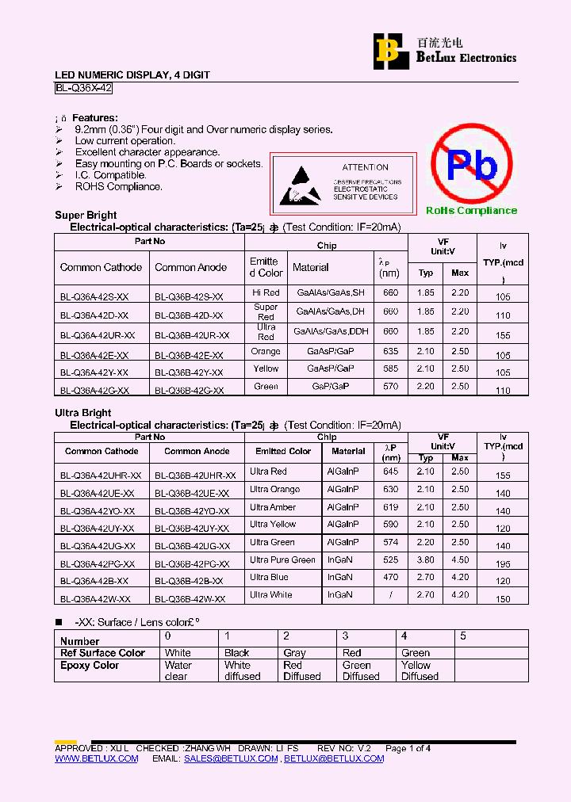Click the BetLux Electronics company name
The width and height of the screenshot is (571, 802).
(x=466, y=58)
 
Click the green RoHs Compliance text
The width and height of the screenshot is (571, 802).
(x=471, y=211)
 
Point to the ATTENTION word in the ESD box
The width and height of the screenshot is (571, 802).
(x=365, y=167)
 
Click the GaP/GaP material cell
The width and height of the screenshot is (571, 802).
(x=330, y=386)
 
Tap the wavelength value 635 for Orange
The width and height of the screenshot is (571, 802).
(x=390, y=352)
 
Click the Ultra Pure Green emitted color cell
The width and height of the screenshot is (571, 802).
(x=282, y=559)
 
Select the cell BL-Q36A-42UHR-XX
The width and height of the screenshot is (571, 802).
(x=101, y=475)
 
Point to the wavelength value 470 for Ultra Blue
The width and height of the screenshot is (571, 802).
(x=390, y=578)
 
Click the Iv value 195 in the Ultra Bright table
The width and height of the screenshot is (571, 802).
(x=503, y=563)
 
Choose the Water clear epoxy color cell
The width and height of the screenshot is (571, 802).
(x=178, y=670)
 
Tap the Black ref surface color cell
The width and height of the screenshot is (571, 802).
(x=236, y=653)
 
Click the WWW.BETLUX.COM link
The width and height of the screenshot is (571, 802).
(x=96, y=758)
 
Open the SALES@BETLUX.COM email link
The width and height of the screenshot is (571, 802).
(x=231, y=758)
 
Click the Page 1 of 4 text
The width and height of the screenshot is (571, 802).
(x=408, y=748)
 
